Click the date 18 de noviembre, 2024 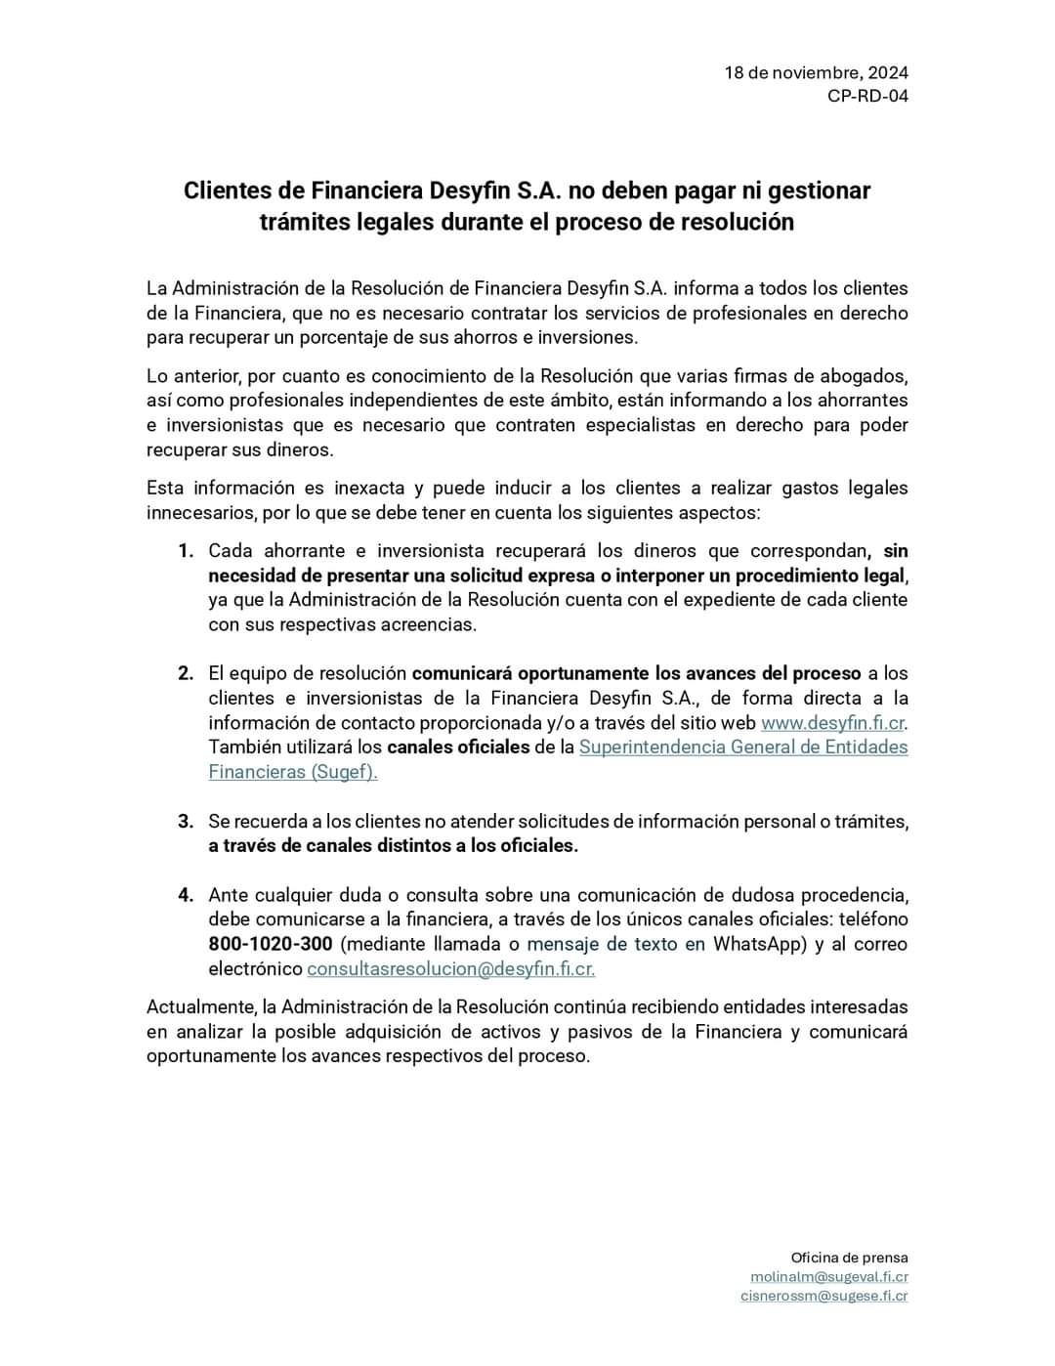[816, 72]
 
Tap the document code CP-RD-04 [867, 96]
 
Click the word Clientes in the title [244, 190]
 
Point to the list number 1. [186, 551]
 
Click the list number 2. [186, 673]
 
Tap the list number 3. [186, 822]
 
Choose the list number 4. [186, 895]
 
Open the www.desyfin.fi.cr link [833, 723]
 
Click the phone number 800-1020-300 [271, 944]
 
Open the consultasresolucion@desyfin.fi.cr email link [450, 969]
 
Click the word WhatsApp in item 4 [760, 944]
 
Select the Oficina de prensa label [849, 1258]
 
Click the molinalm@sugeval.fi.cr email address [828, 1277]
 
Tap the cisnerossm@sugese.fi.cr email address [823, 1297]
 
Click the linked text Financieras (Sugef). [292, 772]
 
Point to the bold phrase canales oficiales [458, 747]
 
